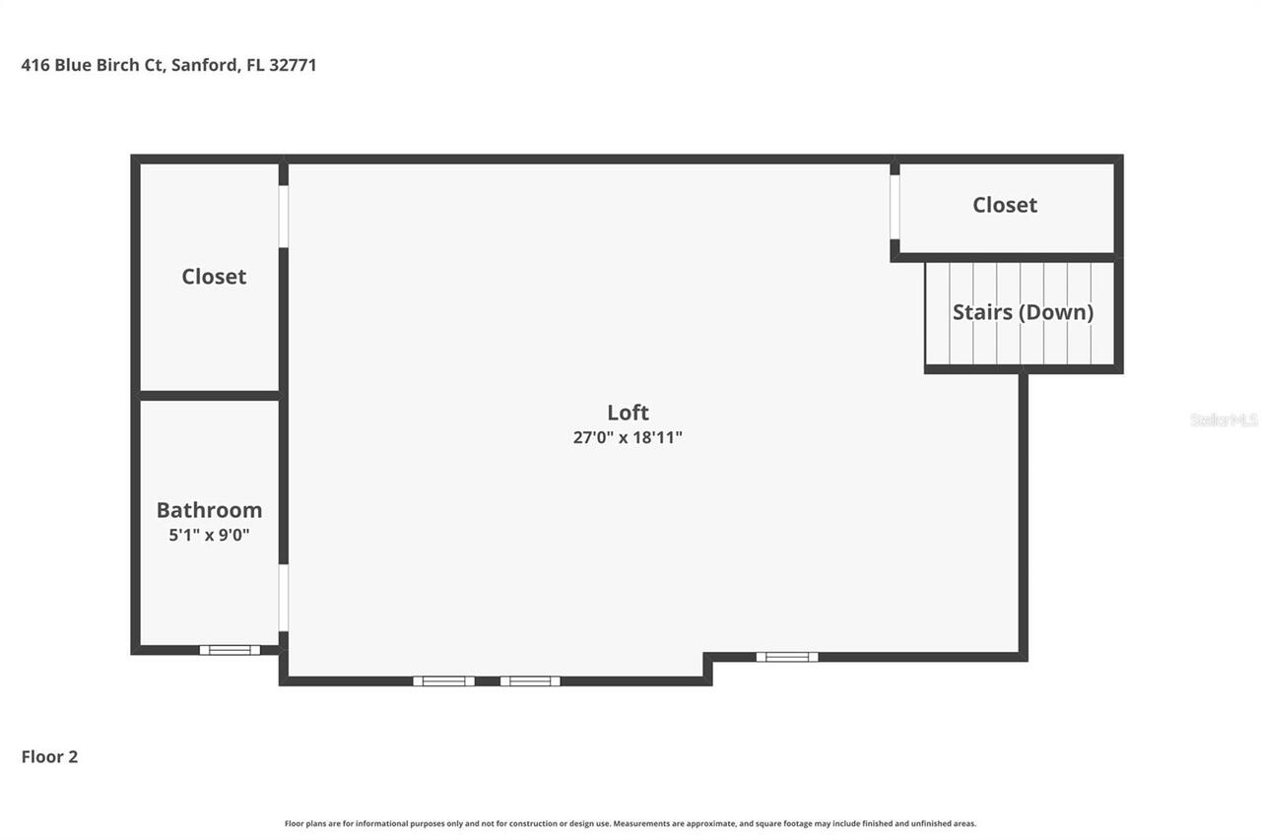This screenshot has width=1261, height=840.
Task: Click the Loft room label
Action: pos(628,413)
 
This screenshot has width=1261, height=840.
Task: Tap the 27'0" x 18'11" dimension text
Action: pos(628,437)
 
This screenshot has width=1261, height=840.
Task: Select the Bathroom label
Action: pos(209,510)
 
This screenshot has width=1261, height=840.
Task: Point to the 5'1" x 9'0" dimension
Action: pos(209,536)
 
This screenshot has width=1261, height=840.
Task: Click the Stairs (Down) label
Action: pos(1023,312)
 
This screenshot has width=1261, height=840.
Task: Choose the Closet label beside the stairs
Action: pos(1005,205)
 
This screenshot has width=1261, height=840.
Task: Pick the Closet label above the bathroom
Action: pos(214,277)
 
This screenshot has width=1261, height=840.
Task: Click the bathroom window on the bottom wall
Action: pos(230,650)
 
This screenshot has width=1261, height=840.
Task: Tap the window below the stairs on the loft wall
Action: pos(787,657)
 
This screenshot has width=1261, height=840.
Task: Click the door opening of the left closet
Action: pos(283,216)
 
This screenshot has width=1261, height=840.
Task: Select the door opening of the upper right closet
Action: pos(895,207)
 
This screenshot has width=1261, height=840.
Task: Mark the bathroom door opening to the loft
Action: pos(283,597)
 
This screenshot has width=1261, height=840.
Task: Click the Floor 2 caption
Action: pos(49,757)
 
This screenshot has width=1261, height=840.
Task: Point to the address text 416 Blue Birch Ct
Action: pos(93,66)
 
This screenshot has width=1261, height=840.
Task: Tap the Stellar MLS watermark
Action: pos(1224,420)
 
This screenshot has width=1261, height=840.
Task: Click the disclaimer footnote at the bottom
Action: pos(630,823)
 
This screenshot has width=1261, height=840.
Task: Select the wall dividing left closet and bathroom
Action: pos(209,396)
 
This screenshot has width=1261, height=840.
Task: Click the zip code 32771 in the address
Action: pos(293,66)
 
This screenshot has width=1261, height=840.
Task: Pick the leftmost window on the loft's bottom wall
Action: pos(443,680)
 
